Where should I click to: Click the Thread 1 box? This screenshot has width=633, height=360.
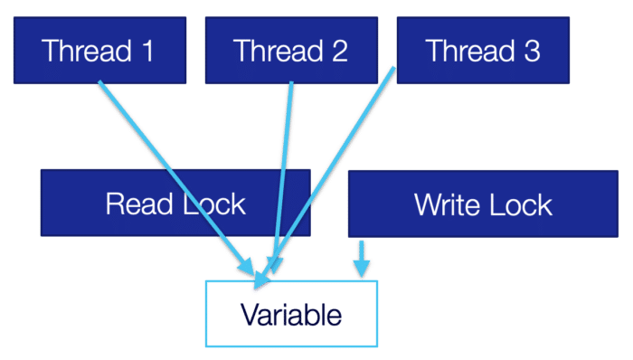(99, 50)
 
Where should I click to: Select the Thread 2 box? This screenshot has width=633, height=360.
(291, 50)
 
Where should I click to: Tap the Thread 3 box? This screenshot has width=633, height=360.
(483, 50)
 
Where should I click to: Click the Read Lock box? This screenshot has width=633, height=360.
(175, 203)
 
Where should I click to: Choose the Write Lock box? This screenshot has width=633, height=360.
(483, 204)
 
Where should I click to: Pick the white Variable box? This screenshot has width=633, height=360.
(291, 314)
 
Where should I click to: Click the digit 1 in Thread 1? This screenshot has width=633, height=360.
(147, 51)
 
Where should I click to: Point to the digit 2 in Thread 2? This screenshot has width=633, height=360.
(339, 51)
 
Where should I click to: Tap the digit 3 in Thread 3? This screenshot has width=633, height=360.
(532, 51)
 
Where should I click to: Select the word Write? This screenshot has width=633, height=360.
(448, 204)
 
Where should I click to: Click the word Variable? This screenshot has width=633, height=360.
(291, 315)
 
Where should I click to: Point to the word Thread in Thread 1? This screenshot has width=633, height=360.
(87, 51)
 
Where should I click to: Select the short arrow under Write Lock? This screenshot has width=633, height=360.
(362, 259)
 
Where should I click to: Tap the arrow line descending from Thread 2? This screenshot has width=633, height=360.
(282, 177)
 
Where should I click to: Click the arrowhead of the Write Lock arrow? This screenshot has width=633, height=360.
(362, 269)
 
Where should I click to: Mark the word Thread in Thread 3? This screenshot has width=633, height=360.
(470, 51)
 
